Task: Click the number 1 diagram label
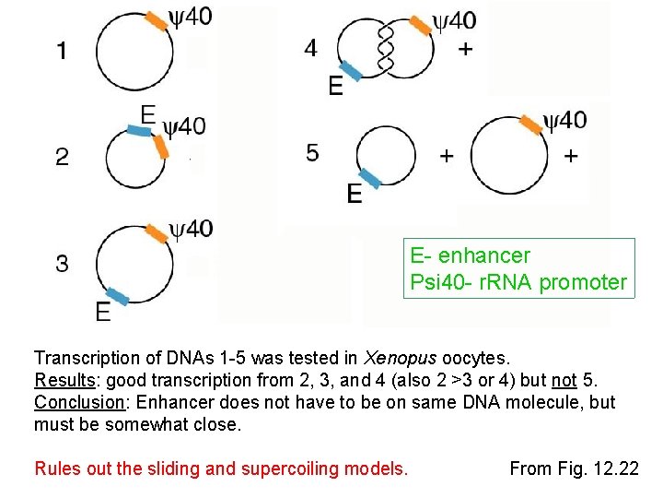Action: (61, 51)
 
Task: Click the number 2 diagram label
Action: (62, 157)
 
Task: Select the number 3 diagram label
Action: (62, 264)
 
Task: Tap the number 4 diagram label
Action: (311, 49)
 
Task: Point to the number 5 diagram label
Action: (313, 152)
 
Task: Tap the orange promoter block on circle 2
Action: (161, 146)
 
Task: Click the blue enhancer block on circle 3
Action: (117, 295)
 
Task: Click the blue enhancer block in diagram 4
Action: (351, 71)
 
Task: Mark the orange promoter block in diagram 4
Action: (421, 25)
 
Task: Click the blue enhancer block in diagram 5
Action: (368, 178)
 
